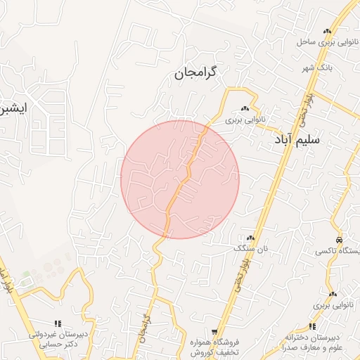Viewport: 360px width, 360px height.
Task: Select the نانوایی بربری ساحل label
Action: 326,42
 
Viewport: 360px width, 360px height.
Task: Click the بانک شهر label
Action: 315,68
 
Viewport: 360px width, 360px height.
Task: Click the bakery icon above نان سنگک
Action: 251,239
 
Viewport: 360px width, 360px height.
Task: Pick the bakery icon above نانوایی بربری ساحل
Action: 327,32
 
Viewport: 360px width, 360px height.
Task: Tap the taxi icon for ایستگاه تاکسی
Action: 340,240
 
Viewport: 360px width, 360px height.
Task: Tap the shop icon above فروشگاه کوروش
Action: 215,332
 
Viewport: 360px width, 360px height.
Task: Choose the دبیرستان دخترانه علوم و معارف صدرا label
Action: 311,342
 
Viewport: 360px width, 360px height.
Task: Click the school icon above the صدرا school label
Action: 312,326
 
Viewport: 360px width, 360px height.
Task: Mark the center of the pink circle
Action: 180,179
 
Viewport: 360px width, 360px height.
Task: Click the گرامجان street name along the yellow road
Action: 146,329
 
